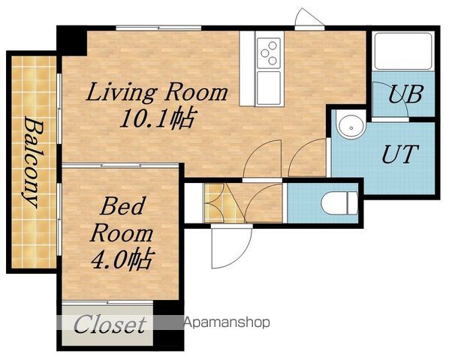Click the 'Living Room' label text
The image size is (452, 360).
[156, 93]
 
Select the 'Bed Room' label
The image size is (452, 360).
[122, 220]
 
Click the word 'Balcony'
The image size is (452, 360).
[32, 161]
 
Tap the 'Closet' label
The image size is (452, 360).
[110, 324]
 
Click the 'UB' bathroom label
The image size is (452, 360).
[405, 94]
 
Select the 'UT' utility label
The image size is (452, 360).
[400, 154]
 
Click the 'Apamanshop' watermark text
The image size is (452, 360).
[227, 322]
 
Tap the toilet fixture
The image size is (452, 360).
[339, 203]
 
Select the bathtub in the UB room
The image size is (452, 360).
[403, 51]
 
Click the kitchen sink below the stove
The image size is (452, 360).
[269, 88]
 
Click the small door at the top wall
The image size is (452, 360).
[309, 19]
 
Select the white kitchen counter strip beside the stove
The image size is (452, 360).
[247, 68]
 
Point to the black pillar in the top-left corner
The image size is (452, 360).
[72, 40]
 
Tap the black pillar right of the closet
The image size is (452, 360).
[169, 325]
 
